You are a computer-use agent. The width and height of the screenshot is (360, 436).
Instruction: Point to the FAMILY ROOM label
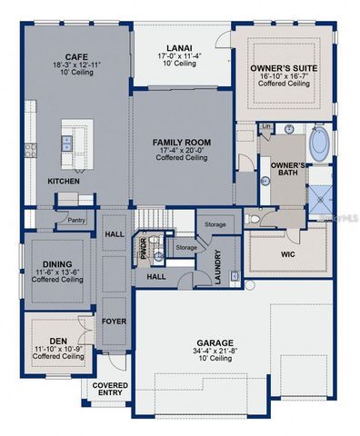point(181,143)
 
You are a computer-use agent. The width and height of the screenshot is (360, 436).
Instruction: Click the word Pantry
point(76,219)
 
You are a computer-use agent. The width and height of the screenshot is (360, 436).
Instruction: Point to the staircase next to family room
point(154,218)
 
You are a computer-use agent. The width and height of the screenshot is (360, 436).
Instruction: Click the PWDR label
point(143,249)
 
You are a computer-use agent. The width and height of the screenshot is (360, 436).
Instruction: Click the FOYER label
point(114,321)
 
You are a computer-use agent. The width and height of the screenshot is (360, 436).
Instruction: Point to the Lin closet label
point(266,126)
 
